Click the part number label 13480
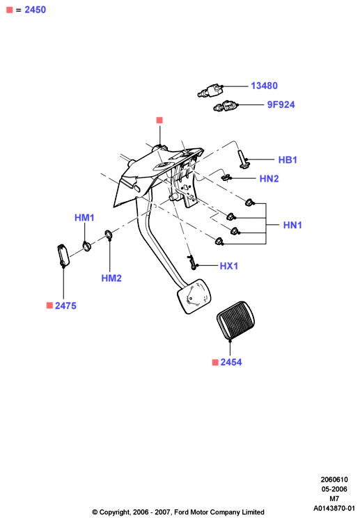point(264,86)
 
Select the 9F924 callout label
point(281,105)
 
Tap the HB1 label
point(288,160)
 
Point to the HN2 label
point(269,179)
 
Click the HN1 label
point(292,225)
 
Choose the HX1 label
point(229,266)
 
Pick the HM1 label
point(84,218)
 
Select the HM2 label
point(111,278)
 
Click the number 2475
point(65,306)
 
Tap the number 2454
point(231,362)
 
